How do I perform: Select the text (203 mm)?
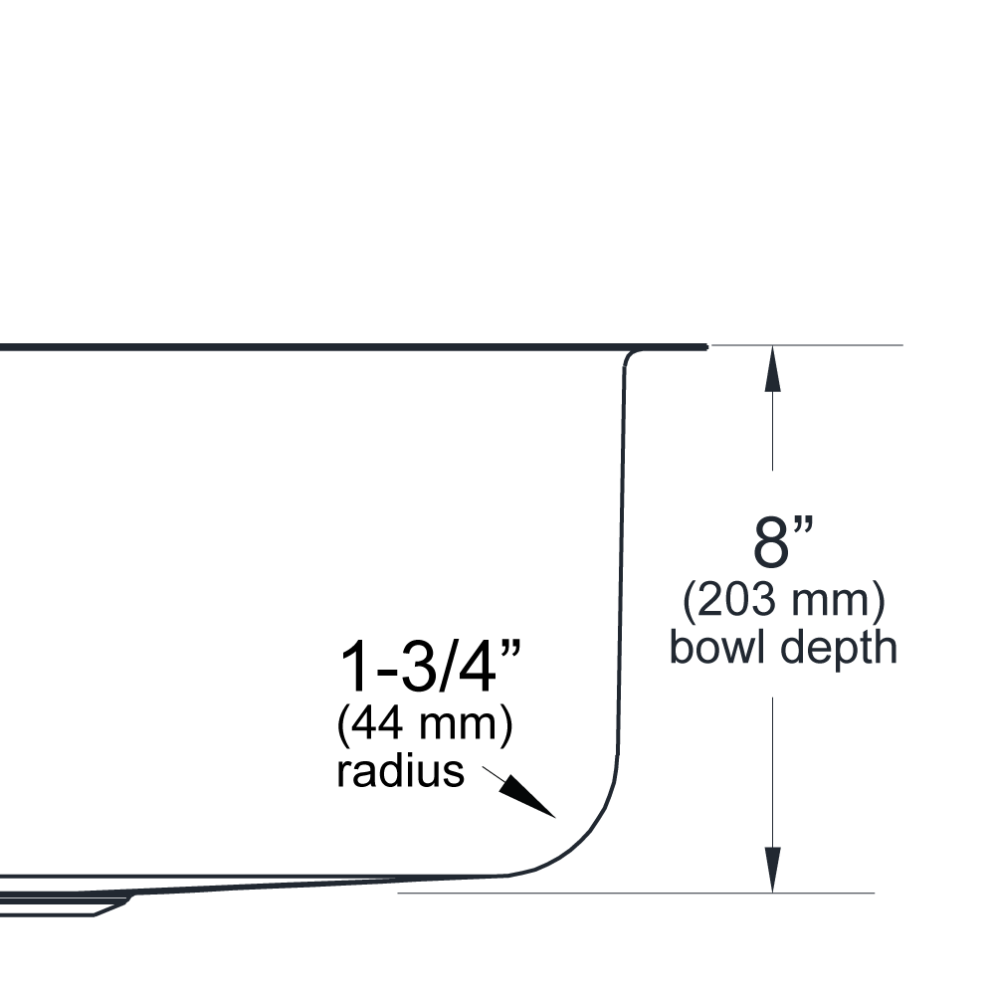coord(783,601)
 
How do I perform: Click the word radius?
coord(400,771)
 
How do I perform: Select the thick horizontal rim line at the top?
coord(348,347)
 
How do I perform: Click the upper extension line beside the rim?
coord(806,345)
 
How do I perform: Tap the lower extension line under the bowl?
coord(637,893)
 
